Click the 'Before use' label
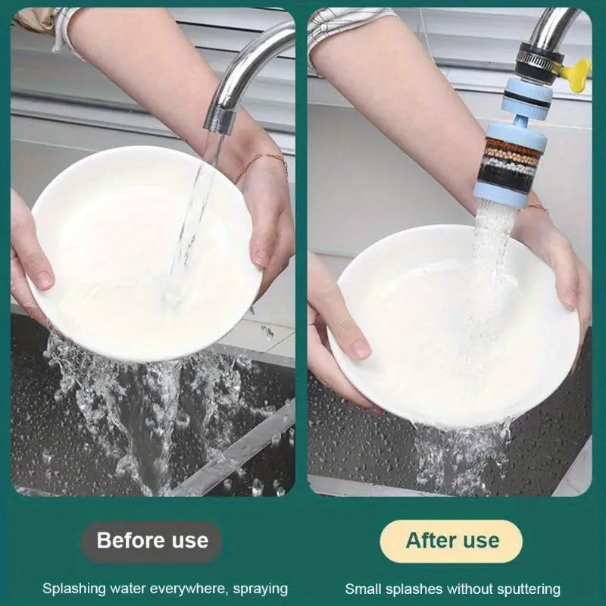click(151, 541)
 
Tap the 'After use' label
click(452, 541)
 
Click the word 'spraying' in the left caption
click(260, 589)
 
